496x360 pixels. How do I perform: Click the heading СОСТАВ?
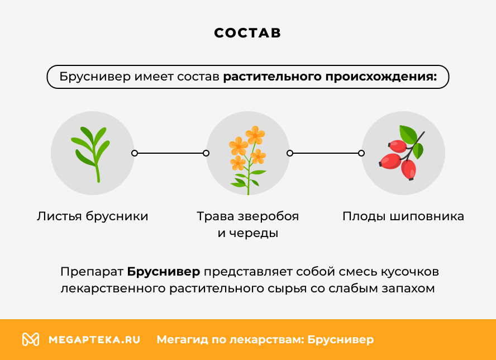[247, 33]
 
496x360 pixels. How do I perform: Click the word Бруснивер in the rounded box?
[94, 77]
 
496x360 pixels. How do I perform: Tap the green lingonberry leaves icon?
[91, 152]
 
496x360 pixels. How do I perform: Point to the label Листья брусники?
[93, 216]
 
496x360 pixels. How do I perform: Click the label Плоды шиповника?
[403, 216]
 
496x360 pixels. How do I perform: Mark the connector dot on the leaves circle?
[134, 153]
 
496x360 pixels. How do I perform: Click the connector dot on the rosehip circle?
[361, 153]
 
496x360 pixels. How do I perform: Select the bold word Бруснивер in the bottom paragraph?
[163, 272]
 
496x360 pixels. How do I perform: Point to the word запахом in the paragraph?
[409, 289]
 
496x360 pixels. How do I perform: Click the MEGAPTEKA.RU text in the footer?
[94, 339]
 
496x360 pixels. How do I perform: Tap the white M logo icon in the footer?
[30, 339]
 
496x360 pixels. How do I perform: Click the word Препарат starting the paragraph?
[92, 272]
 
